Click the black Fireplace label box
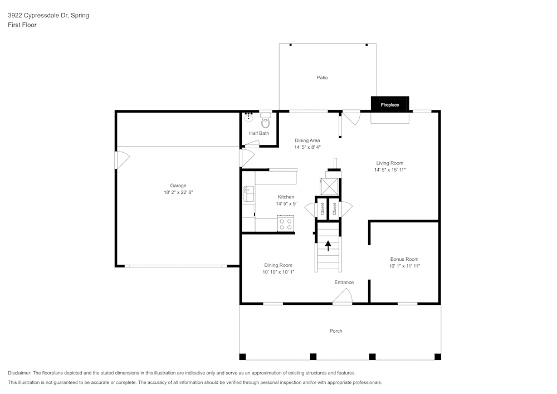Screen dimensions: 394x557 [x=390, y=104]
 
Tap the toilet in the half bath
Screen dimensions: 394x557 [x=265, y=119]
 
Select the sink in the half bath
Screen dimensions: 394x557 [x=248, y=117]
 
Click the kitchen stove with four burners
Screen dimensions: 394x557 [x=286, y=223]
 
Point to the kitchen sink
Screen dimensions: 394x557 [x=248, y=194]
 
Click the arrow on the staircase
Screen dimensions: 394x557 [x=328, y=244]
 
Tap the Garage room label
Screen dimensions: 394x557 [x=178, y=186]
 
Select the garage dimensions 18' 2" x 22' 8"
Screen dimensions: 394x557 [x=178, y=192]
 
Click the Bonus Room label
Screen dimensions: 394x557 [x=404, y=259]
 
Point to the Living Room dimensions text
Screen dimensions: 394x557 [x=389, y=169]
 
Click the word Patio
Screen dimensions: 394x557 [x=322, y=77]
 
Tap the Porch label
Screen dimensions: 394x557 [x=336, y=331]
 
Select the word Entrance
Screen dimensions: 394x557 [x=344, y=283]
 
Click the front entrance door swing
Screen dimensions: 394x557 [x=342, y=299]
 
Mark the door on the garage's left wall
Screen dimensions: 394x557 [x=121, y=160]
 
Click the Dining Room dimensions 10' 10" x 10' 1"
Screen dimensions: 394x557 [x=278, y=272]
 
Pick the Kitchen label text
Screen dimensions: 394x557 [x=286, y=197]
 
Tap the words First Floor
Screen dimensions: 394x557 [x=22, y=25]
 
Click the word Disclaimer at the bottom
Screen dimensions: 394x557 [x=19, y=373]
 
